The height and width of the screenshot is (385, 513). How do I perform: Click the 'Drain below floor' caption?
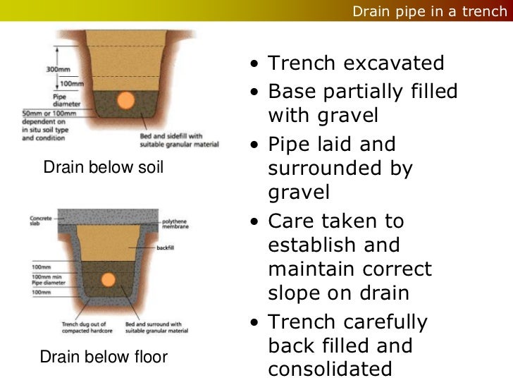104,357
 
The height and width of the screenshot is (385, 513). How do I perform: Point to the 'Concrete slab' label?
40,221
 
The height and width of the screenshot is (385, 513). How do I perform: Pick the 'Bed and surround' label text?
156,328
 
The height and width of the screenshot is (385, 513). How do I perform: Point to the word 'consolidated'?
330,369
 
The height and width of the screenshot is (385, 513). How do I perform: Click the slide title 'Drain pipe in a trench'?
429,11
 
